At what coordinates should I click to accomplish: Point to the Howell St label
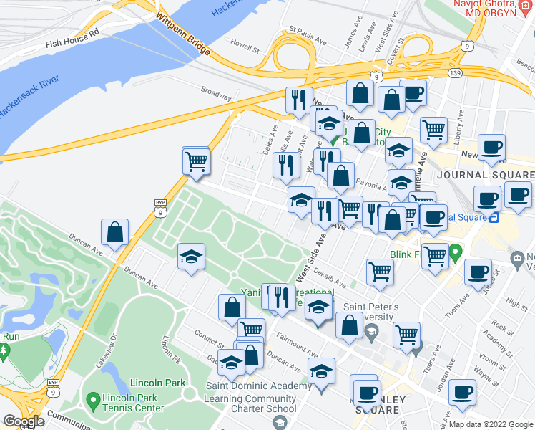244,45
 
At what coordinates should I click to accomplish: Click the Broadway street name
215,93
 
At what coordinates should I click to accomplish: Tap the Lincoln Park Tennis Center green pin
92,399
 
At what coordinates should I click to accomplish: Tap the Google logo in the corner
24,421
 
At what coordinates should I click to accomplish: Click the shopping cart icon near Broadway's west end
196,162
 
